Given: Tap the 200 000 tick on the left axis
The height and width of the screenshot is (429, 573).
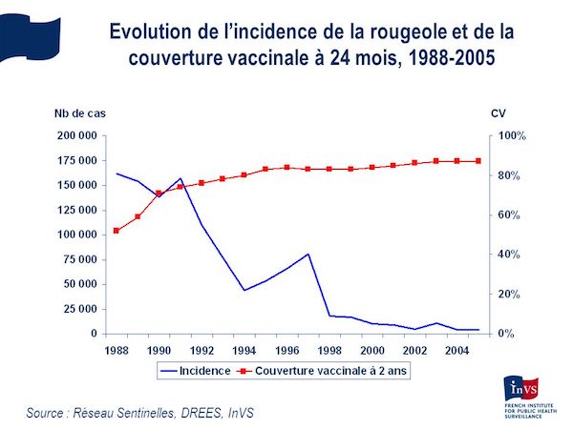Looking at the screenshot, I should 75,136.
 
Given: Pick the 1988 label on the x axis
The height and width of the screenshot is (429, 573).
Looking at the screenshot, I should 116,349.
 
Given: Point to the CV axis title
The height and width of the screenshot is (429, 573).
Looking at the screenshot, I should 498,112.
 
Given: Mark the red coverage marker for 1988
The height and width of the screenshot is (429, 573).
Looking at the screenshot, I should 116,231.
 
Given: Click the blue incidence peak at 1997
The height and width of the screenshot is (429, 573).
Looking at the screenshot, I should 308,254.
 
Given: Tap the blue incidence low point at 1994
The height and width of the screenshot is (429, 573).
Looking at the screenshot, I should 244,290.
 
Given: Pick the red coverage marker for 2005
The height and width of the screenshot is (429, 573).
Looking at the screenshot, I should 477,161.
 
